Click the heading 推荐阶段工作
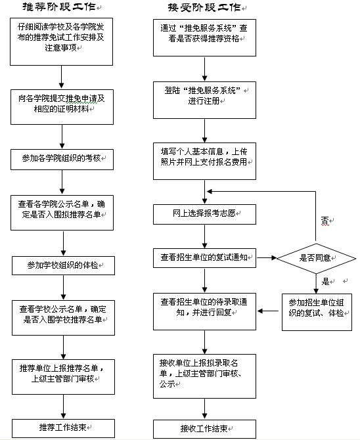click(x=59, y=7)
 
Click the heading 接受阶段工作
click(x=204, y=7)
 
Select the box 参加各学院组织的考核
click(x=62, y=160)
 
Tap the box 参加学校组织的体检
click(x=63, y=265)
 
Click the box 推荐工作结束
click(x=63, y=428)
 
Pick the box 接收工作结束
click(x=204, y=429)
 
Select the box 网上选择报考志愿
click(x=204, y=214)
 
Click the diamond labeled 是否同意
click(x=316, y=258)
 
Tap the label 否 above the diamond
click(x=325, y=221)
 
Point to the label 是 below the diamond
click(x=325, y=281)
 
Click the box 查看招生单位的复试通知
click(x=204, y=258)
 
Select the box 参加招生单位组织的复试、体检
click(x=317, y=312)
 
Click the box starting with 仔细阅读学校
click(x=62, y=41)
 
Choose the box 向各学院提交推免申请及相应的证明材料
click(x=62, y=107)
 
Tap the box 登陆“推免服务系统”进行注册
click(x=204, y=100)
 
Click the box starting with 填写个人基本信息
click(x=204, y=161)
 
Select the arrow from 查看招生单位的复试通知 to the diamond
click(x=267, y=257)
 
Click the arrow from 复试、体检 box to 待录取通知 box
click(x=268, y=311)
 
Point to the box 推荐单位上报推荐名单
click(x=63, y=377)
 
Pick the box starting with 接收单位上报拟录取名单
click(x=204, y=376)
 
